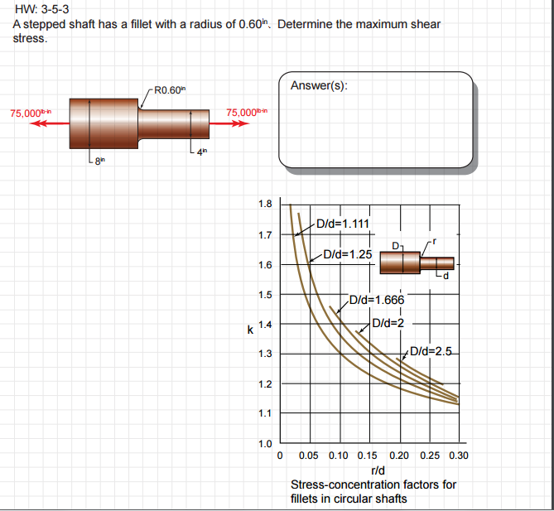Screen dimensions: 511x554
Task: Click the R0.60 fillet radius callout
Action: (x=171, y=89)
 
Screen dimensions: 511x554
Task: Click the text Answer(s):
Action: (x=319, y=85)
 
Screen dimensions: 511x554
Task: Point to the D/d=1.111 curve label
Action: (x=342, y=223)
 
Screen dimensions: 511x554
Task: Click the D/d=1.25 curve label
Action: (x=347, y=254)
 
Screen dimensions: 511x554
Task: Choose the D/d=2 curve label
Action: (x=387, y=322)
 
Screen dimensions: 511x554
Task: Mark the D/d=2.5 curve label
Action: (x=431, y=350)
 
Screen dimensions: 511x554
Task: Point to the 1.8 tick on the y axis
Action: (x=265, y=204)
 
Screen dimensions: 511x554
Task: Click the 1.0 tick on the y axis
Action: (x=265, y=443)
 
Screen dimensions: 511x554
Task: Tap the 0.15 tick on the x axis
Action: (x=369, y=456)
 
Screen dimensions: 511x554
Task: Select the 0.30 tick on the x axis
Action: (x=458, y=456)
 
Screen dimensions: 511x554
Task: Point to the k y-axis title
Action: (x=250, y=330)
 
